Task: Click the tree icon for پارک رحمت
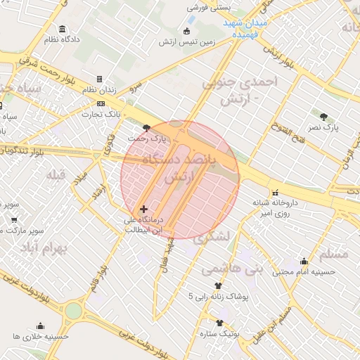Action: point(146,128)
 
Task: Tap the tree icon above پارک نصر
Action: point(323,117)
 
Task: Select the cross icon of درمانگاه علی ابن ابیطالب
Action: point(144,209)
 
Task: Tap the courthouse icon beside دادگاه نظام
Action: point(63,29)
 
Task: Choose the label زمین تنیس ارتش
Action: point(186,43)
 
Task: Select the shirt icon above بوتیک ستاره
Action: point(220,323)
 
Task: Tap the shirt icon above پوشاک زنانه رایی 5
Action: point(218,285)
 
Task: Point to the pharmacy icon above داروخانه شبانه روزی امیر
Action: point(274,191)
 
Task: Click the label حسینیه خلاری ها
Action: point(40,336)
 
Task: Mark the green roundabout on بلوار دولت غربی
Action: point(73,310)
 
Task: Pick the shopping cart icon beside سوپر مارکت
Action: point(14,219)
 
